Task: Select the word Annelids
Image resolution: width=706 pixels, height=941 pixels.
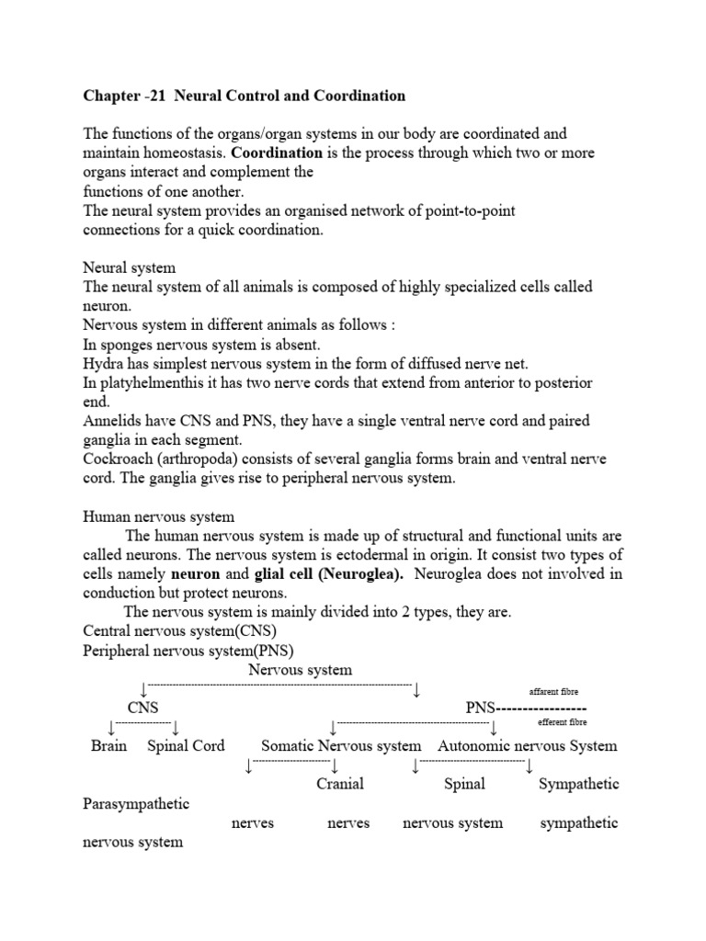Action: (111, 420)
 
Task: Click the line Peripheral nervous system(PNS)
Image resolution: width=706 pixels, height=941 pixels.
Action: (175, 650)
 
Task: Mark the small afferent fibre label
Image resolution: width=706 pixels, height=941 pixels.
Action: (553, 691)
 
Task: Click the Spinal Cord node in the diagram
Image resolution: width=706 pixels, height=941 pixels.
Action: (186, 745)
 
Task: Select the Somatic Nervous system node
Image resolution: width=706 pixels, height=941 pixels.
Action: (341, 745)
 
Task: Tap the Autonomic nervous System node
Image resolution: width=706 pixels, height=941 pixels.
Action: (528, 745)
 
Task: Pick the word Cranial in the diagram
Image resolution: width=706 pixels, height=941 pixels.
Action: (340, 784)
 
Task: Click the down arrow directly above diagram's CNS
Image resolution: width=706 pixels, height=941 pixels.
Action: (143, 689)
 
